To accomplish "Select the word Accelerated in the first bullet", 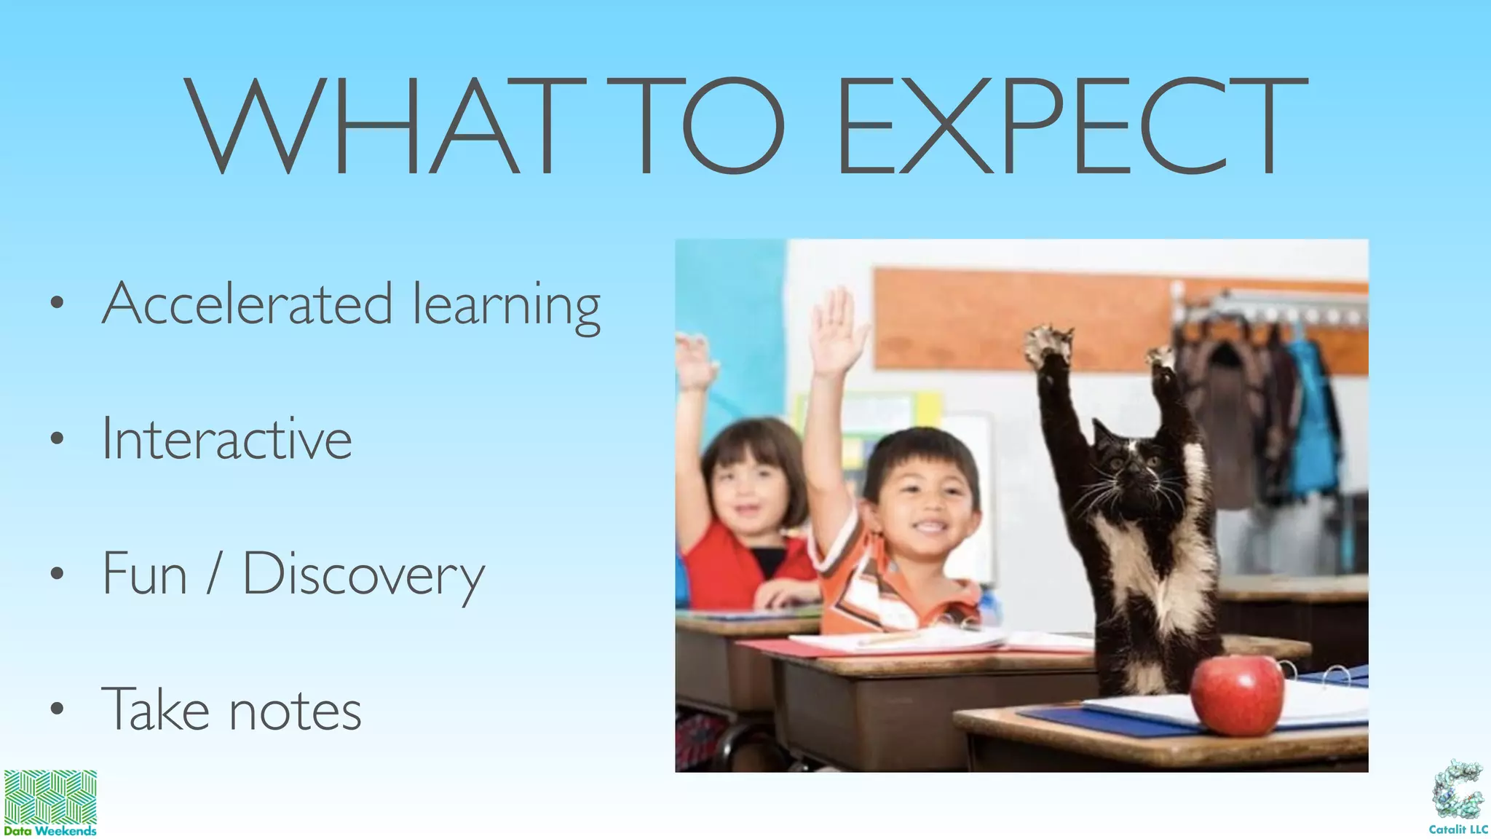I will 248,304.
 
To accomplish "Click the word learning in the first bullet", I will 507,306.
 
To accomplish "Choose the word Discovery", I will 363,575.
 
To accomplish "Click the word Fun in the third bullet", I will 145,574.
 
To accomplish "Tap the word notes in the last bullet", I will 295,710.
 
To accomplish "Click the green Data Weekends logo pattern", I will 50,797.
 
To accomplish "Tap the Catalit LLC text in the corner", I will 1458,830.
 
